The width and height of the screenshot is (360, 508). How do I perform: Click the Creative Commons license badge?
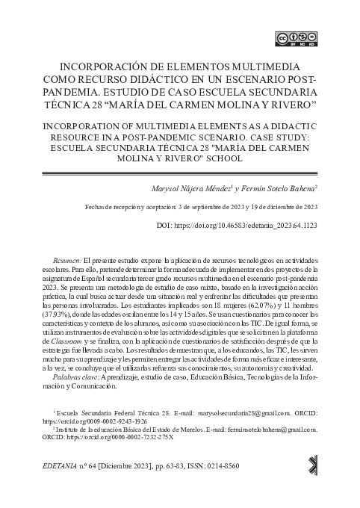pos(296,38)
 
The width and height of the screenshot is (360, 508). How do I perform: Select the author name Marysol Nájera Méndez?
pos(190,190)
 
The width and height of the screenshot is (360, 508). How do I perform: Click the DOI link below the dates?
pos(258,225)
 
